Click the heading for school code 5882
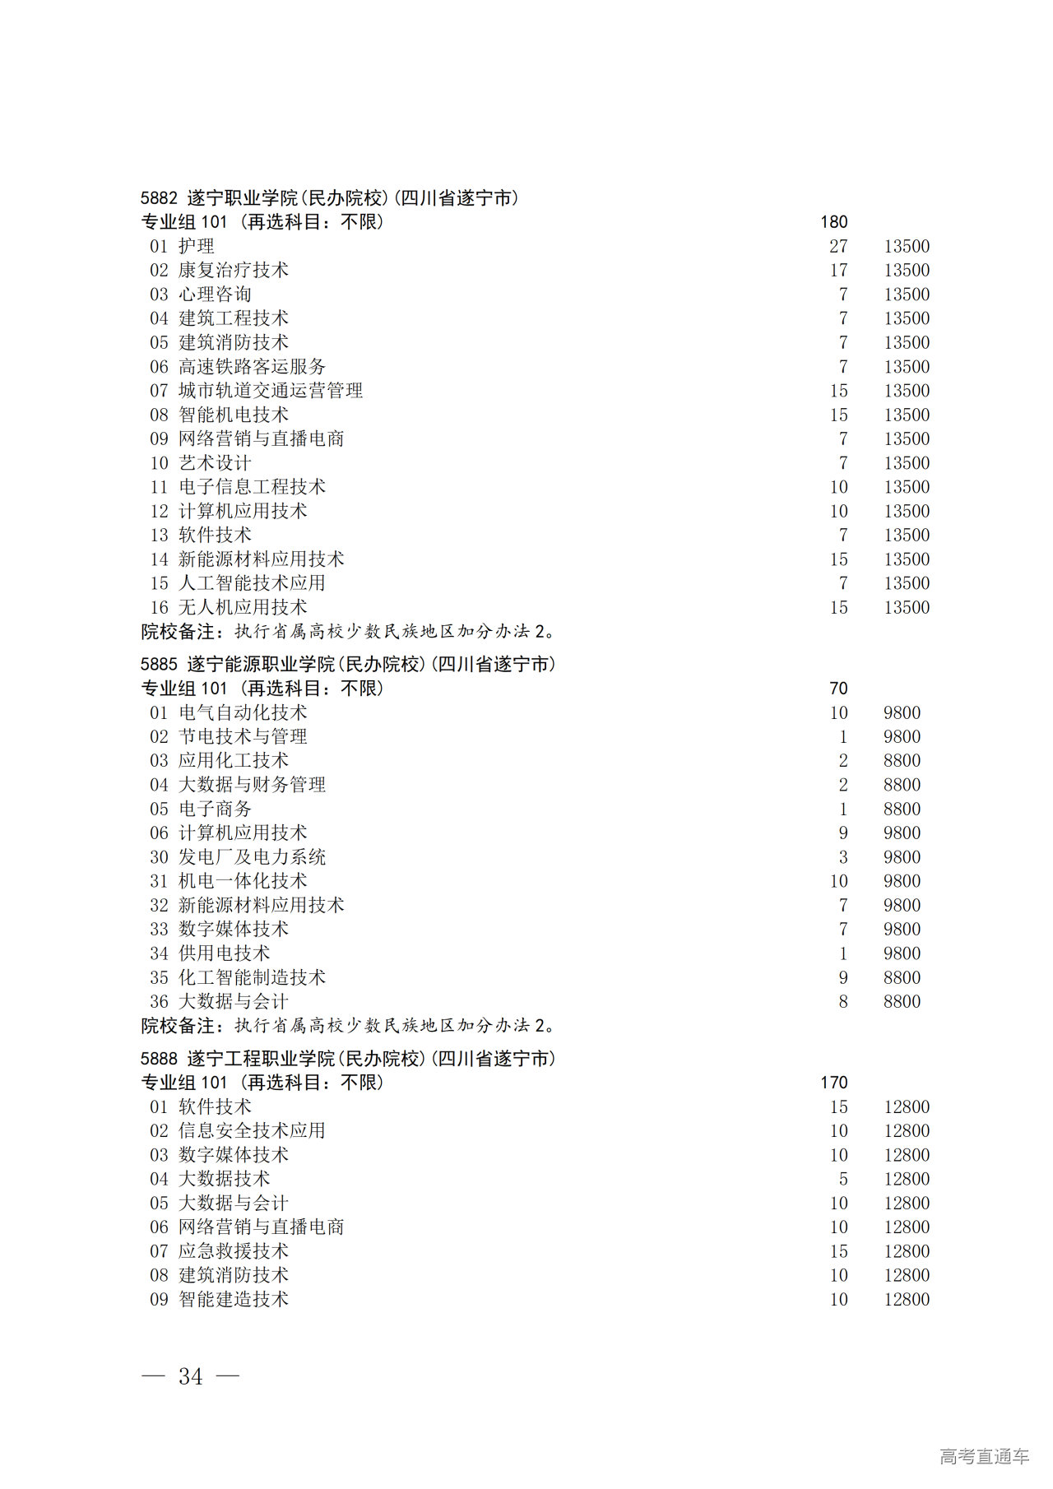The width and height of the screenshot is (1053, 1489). (x=329, y=198)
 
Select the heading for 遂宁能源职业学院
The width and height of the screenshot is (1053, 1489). (x=347, y=664)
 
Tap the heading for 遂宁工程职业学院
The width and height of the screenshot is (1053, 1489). (x=347, y=1058)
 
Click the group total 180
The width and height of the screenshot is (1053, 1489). (x=833, y=222)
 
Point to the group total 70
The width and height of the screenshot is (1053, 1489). (x=838, y=689)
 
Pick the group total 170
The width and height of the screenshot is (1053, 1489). (x=833, y=1083)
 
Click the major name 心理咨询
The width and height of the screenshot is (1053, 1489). (x=215, y=295)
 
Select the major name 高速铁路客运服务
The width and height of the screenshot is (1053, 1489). (x=252, y=367)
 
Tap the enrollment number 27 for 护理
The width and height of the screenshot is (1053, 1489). (x=838, y=246)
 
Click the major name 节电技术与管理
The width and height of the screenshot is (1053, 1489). (x=243, y=736)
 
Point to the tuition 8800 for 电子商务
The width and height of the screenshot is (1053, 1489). (x=902, y=809)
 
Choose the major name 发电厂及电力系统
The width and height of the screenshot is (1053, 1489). (x=252, y=857)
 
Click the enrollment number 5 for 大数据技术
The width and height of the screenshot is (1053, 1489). (x=843, y=1179)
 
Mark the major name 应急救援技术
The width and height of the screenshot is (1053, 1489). (x=234, y=1251)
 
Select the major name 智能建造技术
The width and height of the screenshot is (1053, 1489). (x=234, y=1299)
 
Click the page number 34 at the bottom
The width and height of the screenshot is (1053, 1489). (x=191, y=1376)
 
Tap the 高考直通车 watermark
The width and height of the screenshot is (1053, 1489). (x=984, y=1456)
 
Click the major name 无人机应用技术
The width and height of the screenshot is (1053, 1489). (x=243, y=607)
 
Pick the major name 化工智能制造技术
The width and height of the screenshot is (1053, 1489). (x=252, y=977)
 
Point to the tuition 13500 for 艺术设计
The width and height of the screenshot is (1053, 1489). (x=907, y=463)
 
